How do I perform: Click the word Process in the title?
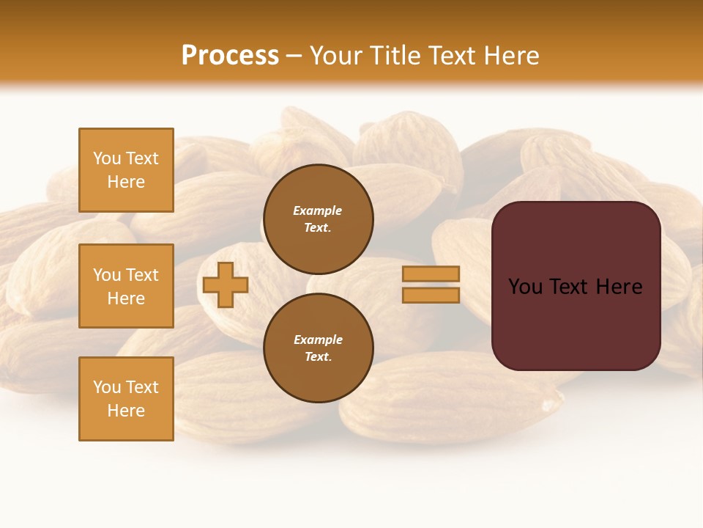tap(230, 55)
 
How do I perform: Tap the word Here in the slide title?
tap(510, 55)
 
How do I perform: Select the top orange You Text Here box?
tap(126, 170)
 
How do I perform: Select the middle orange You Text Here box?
tap(126, 286)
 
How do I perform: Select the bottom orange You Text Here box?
tap(126, 399)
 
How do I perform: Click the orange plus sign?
tap(226, 285)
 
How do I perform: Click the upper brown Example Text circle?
tap(318, 219)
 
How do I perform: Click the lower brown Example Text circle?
tap(318, 348)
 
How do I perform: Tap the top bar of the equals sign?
tap(431, 274)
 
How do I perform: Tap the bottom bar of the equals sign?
tap(431, 295)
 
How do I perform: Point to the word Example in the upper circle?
tap(318, 210)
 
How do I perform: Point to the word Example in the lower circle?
tap(318, 340)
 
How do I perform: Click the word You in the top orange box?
tap(107, 158)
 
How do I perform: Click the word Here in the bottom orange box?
tap(126, 411)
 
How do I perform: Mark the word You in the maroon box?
tap(525, 287)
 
